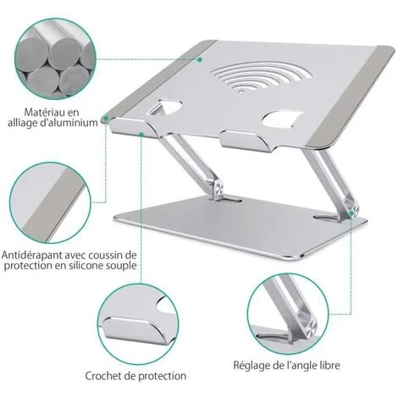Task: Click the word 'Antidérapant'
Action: (39, 255)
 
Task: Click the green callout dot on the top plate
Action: (200, 59)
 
